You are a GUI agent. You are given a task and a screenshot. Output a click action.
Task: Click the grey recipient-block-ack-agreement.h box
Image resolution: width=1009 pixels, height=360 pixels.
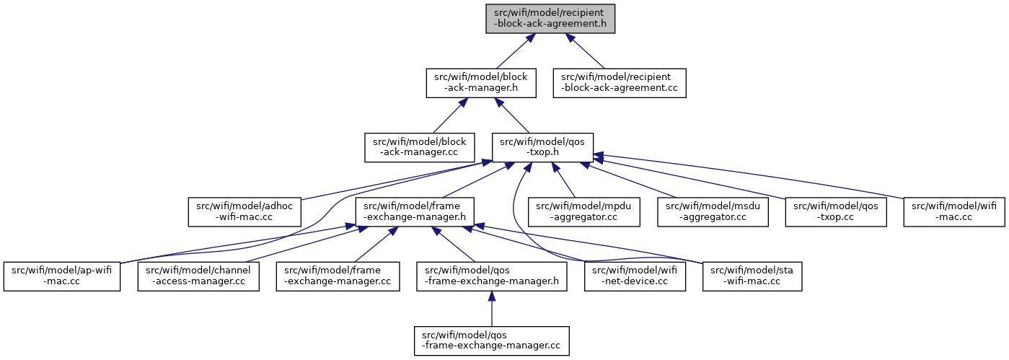(x=550, y=18)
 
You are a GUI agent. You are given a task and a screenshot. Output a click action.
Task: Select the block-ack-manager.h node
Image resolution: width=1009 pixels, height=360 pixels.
(x=480, y=83)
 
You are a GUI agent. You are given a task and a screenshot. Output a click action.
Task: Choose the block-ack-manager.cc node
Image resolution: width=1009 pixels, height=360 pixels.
(x=419, y=147)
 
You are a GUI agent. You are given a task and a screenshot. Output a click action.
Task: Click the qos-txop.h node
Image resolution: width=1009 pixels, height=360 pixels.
(x=542, y=147)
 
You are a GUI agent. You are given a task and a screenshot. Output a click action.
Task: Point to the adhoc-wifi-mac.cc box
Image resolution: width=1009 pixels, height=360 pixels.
(x=243, y=211)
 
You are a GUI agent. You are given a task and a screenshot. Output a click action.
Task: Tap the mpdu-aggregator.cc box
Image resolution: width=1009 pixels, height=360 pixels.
(x=574, y=211)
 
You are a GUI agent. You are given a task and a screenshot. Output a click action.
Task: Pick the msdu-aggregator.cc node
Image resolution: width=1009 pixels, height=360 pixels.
(x=713, y=211)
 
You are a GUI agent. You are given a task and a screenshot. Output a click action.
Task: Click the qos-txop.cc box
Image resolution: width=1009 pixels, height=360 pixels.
(x=836, y=211)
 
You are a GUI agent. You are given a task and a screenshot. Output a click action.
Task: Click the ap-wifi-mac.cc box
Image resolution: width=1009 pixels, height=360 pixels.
(x=61, y=276)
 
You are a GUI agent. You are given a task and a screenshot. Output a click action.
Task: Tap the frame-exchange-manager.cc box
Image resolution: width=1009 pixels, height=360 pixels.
(x=338, y=276)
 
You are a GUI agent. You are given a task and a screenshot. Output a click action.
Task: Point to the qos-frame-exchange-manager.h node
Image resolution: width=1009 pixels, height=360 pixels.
(x=492, y=276)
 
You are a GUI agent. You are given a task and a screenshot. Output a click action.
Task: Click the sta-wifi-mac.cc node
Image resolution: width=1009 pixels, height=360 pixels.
(x=753, y=276)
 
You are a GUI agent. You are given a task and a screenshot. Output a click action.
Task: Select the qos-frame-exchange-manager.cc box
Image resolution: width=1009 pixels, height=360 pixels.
(x=492, y=341)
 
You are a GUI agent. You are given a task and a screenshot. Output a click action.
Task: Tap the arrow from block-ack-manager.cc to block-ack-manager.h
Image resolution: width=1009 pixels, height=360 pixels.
(x=446, y=116)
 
